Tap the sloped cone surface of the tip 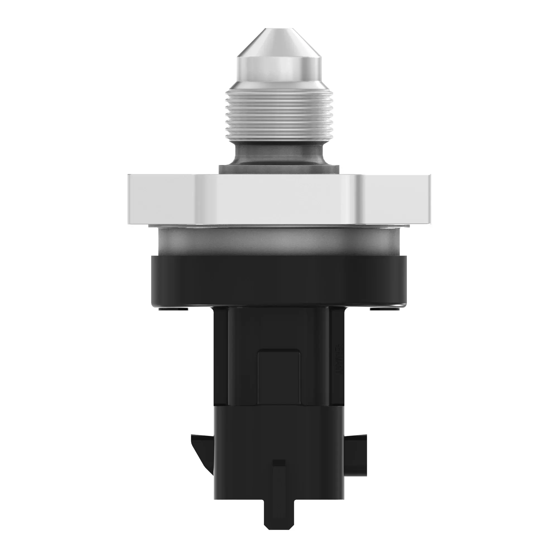click(279, 43)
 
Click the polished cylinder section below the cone click(279, 69)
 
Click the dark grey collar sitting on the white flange click(279, 170)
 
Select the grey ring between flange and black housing click(279, 241)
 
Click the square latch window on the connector click(279, 376)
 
